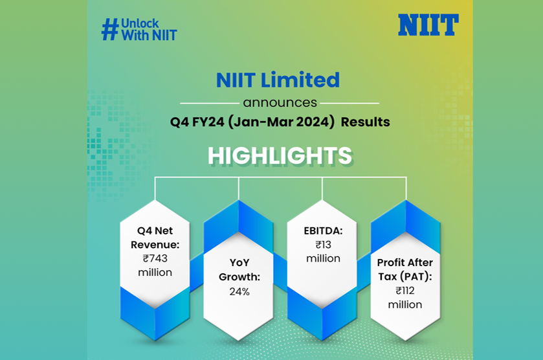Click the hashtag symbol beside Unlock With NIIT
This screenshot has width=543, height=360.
[x=110, y=29]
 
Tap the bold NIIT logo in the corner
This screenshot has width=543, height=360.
[x=428, y=25]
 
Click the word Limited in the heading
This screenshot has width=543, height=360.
[x=300, y=80]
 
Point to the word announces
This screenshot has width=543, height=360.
[x=280, y=103]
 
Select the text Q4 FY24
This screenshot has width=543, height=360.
[x=197, y=122]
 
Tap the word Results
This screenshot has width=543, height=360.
[x=366, y=122]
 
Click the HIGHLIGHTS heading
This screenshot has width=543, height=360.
[x=280, y=155]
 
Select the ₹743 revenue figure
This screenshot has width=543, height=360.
[x=155, y=258]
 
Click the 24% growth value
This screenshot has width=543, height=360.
[x=239, y=292]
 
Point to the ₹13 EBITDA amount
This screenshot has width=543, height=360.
[x=323, y=245]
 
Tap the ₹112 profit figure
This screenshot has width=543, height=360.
[x=405, y=290]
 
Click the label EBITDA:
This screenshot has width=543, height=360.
[x=323, y=231]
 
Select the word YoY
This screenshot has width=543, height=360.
[x=239, y=263]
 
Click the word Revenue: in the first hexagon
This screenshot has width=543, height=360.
[x=155, y=245]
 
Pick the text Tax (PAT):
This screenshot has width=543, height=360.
[x=405, y=276]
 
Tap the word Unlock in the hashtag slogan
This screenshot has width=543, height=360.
[x=140, y=23]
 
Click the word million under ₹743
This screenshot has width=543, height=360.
[x=155, y=273]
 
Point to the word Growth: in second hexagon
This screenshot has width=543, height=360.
[x=239, y=277]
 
